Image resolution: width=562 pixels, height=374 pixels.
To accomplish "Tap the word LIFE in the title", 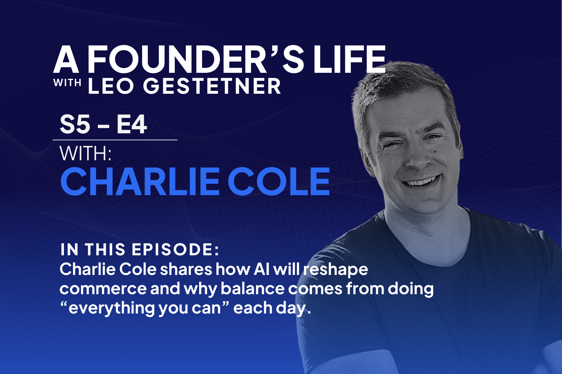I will (349, 60).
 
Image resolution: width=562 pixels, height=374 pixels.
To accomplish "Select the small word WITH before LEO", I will (67, 83).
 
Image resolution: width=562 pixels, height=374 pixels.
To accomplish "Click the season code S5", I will (75, 125).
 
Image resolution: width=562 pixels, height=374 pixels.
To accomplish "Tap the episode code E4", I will (132, 125).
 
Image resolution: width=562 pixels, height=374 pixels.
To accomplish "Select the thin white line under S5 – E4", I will (115, 140).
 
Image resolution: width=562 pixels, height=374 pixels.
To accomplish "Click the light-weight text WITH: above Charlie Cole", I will (85, 154).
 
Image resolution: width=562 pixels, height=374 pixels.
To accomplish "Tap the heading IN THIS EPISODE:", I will (140, 250).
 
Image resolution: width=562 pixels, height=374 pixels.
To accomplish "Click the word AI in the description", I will (261, 269).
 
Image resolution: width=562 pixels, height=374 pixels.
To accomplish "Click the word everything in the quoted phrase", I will (112, 308).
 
